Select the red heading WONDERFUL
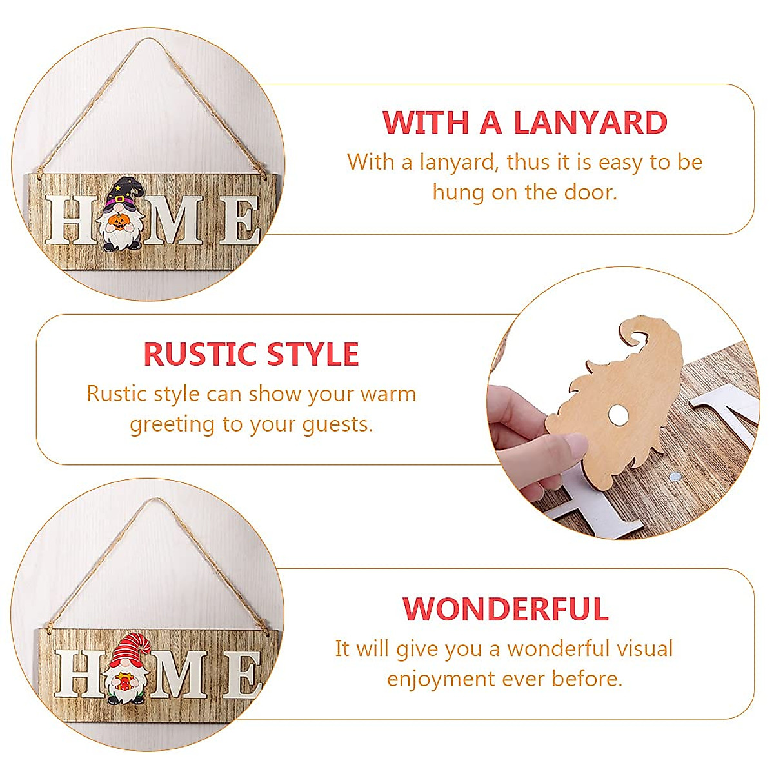[506, 609]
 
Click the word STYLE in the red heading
[313, 354]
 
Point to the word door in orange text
[588, 192]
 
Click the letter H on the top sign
[67, 220]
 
